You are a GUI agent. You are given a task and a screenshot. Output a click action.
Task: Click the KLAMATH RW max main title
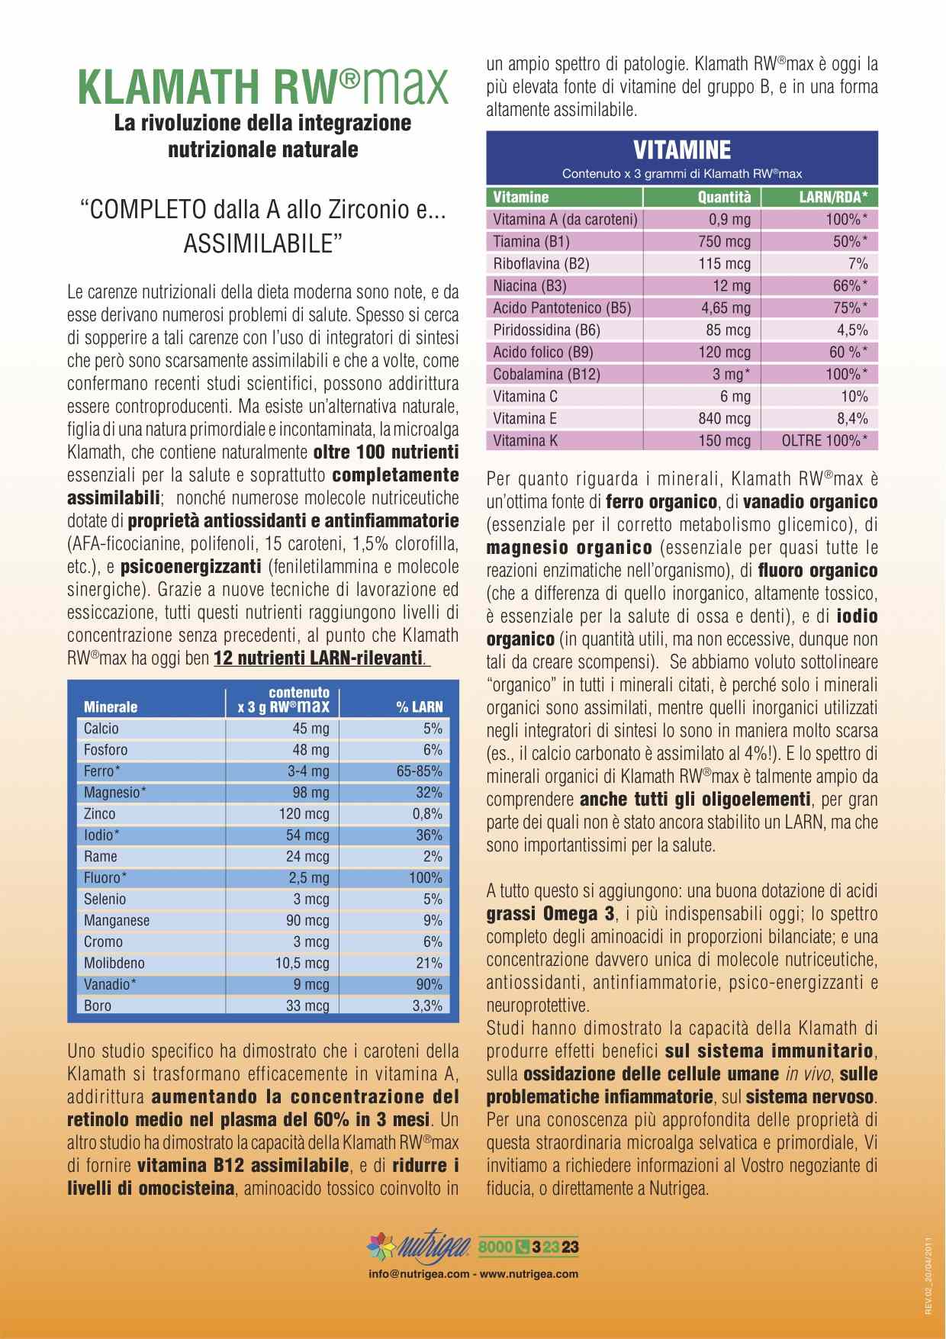(x=263, y=87)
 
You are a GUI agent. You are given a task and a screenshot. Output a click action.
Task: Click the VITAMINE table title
(x=682, y=150)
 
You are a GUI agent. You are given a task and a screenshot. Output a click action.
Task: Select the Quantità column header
(x=724, y=198)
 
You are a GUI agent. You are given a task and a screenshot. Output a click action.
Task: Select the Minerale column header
(x=111, y=707)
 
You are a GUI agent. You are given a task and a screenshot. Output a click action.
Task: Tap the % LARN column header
(x=419, y=707)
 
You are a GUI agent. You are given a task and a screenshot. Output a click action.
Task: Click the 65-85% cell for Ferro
(x=419, y=771)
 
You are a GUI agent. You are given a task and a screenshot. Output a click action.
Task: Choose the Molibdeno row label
(x=114, y=964)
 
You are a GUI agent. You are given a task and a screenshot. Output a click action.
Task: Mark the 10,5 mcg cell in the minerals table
(x=302, y=964)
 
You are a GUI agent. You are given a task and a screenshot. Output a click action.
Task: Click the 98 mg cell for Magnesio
(x=311, y=793)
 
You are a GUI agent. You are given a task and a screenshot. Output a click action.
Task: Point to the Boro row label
(x=98, y=1006)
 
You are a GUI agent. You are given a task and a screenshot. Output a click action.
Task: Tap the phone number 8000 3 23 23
(x=529, y=1247)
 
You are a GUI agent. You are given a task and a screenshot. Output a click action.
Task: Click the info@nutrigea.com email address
(x=417, y=1273)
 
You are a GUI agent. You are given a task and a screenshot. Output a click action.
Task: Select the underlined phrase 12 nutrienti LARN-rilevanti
(x=319, y=658)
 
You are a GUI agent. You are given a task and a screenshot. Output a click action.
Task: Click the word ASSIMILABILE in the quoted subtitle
(x=262, y=243)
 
